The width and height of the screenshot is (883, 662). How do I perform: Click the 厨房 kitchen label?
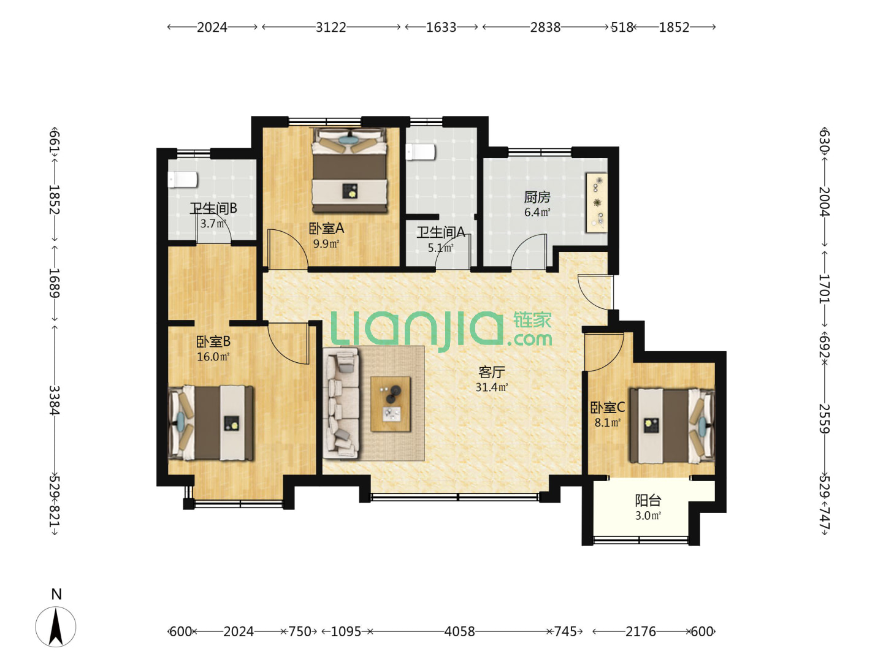click(537, 197)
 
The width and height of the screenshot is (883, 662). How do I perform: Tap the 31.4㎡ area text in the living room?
click(491, 387)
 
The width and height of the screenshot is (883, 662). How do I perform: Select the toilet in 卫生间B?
click(182, 180)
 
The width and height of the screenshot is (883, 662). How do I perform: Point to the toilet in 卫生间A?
click(420, 153)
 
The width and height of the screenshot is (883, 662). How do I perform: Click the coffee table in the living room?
click(390, 403)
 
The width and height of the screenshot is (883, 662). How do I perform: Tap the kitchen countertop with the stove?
click(596, 202)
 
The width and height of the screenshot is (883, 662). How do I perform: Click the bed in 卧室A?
click(349, 170)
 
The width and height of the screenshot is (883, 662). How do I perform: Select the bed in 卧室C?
click(671, 425)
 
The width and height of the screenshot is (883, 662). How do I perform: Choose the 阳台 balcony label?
click(648, 500)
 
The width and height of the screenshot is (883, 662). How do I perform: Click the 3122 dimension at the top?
click(331, 28)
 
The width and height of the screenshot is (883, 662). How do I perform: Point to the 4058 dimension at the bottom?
click(459, 631)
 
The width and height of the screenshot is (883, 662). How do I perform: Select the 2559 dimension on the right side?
click(824, 419)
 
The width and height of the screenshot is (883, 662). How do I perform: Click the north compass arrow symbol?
click(56, 626)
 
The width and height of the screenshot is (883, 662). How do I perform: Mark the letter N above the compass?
click(56, 594)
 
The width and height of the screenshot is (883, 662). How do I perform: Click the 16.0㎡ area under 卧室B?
click(213, 357)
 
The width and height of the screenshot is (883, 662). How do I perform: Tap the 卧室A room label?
click(326, 228)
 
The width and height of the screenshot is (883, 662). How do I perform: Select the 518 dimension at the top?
click(622, 28)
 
